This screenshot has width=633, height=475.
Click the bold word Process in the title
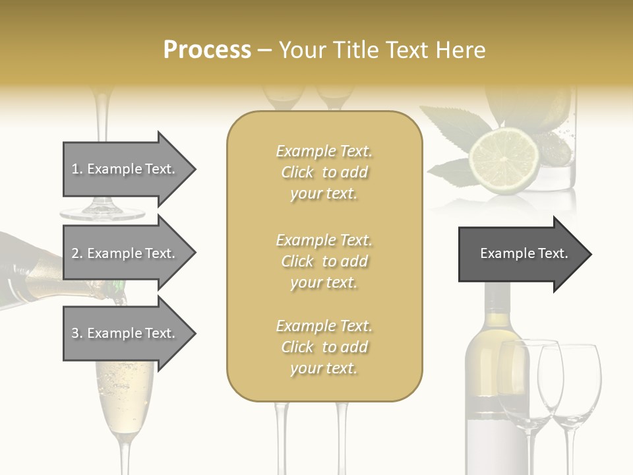(x=207, y=50)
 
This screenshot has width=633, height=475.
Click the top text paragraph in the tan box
(x=324, y=172)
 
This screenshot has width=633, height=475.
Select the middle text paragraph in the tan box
(x=324, y=261)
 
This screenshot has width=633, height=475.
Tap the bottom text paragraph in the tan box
(x=324, y=347)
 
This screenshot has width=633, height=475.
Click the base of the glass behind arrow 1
(x=102, y=212)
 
